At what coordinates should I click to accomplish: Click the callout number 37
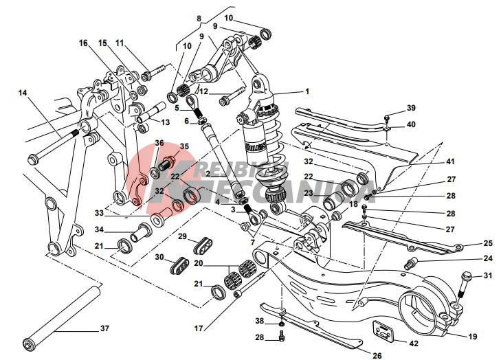(x=104, y=328)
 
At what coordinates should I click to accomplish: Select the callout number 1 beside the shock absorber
(x=307, y=91)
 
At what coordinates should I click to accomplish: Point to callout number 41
(x=451, y=162)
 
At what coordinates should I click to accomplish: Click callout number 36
(x=159, y=143)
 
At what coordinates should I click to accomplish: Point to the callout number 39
(x=411, y=108)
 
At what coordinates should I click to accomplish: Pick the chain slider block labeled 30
(x=181, y=265)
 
